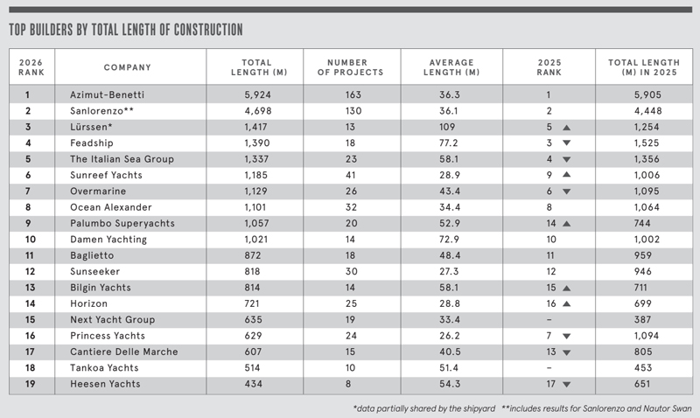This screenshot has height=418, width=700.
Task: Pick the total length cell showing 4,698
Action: [x=254, y=110]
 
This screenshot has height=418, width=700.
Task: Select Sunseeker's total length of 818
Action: [x=254, y=271]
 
